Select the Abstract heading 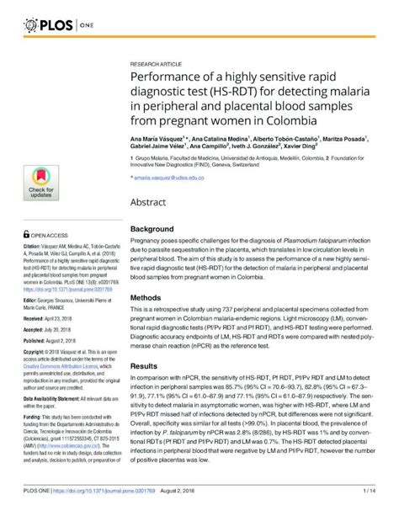pyautogui.click(x=149, y=202)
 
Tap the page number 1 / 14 pyautogui.click(x=369, y=507)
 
